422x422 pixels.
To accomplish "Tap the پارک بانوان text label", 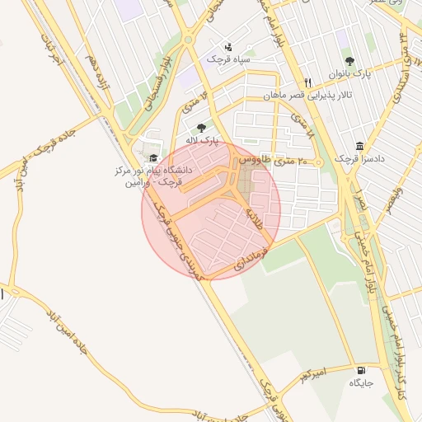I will point(349,73).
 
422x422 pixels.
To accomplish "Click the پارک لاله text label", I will point(203,140).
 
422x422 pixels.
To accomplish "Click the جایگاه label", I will point(361,383).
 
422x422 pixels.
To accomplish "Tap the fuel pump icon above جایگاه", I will point(361,370).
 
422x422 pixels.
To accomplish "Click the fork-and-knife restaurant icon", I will point(307,82).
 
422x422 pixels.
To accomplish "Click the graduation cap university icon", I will point(152,157).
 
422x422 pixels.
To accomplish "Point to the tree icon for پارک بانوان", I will point(349,60).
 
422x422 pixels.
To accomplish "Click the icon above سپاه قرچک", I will point(227,46).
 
